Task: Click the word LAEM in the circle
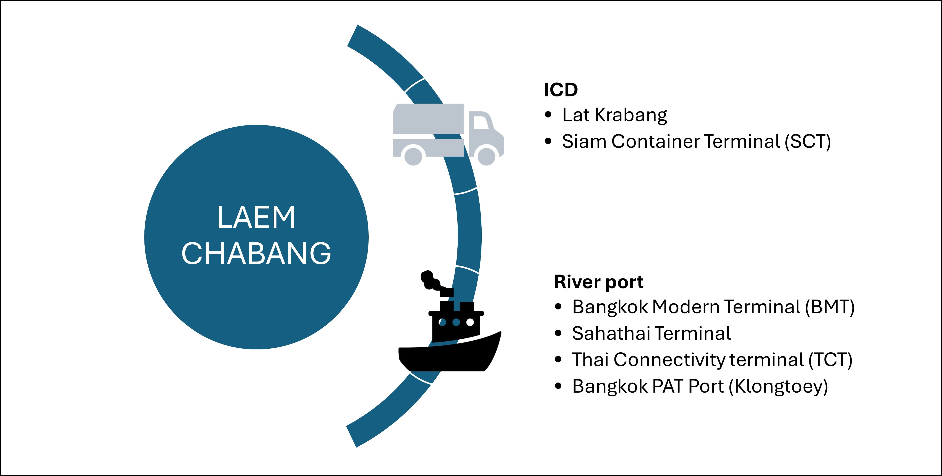tap(256, 217)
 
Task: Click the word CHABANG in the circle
tap(256, 253)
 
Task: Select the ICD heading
tap(561, 90)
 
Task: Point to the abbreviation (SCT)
tap(807, 142)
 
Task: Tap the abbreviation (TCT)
tap(830, 360)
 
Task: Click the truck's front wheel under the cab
tap(486, 156)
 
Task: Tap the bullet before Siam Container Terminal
tap(548, 142)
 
